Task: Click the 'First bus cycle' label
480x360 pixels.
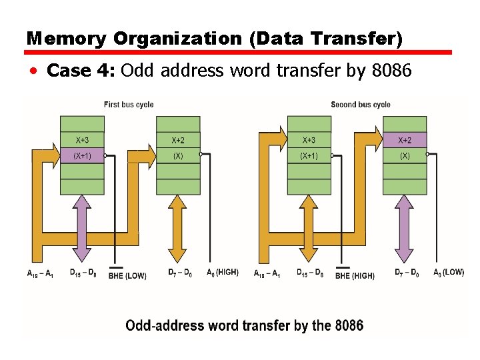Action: point(129,105)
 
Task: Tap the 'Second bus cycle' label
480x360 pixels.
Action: point(361,105)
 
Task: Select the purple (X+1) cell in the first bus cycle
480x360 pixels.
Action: point(82,156)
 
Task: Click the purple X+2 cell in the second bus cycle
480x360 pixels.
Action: point(405,140)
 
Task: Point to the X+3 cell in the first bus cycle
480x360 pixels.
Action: point(82,140)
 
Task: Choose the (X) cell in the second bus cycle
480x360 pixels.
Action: point(405,156)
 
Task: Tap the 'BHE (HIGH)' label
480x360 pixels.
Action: point(354,275)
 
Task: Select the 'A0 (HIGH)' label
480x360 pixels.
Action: point(222,273)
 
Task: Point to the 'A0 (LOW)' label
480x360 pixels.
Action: point(449,273)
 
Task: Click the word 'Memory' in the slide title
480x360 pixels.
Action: point(67,39)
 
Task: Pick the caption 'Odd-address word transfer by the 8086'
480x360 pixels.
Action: point(245,326)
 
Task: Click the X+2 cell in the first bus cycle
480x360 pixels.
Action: point(178,140)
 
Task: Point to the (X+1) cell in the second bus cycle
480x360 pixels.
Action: point(309,156)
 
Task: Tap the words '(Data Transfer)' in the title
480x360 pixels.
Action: point(326,39)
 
